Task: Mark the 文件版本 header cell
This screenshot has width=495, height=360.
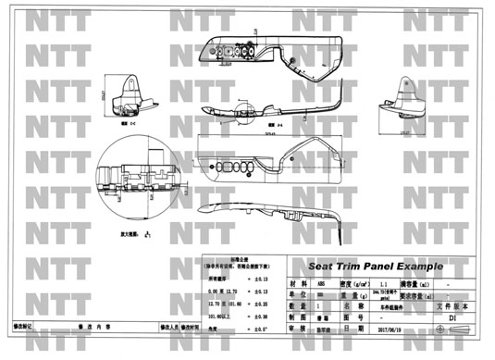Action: (x=452, y=306)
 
